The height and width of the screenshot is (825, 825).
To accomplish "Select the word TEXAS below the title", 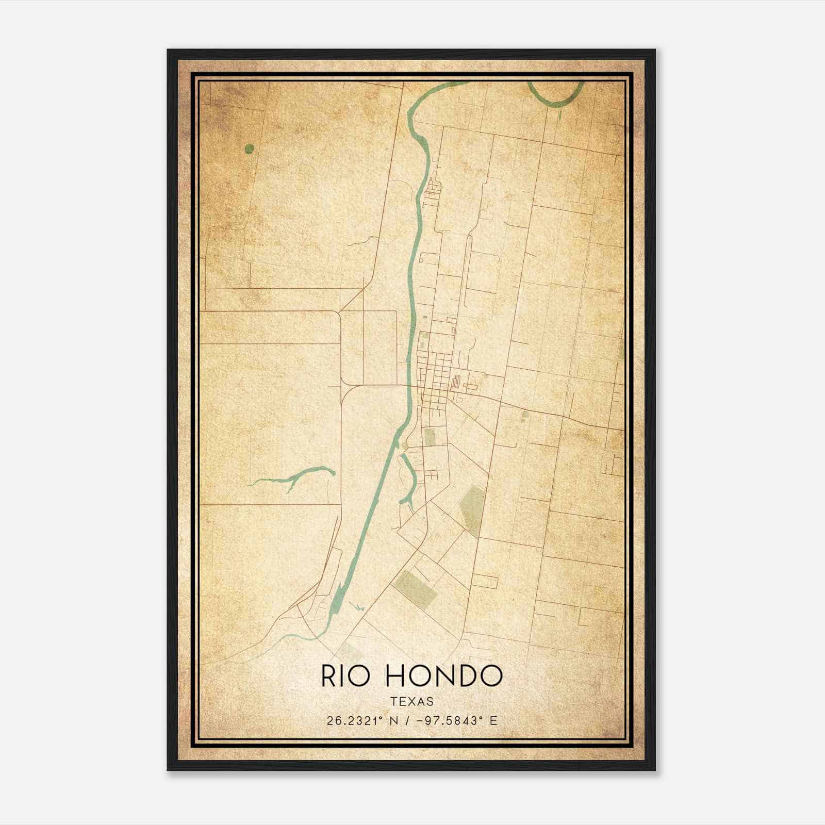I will coord(412,701).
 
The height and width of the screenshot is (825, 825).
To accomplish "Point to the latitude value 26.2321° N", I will coord(362,721).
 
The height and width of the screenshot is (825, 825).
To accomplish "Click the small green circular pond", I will coord(250,149).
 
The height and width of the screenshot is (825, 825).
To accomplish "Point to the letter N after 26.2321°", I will coord(394,721).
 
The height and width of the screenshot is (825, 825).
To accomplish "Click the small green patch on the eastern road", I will coord(525,414).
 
